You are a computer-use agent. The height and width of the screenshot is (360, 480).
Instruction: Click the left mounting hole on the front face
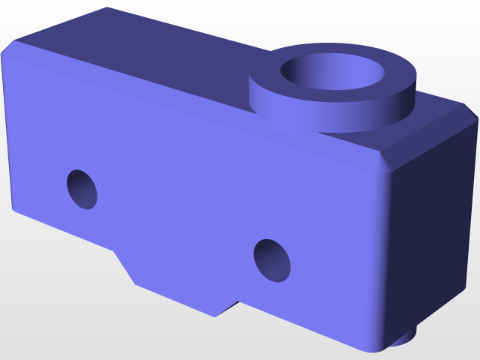tap(82, 189)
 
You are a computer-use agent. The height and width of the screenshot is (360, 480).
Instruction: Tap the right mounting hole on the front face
tap(272, 260)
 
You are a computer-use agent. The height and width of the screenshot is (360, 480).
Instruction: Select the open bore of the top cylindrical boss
tap(333, 75)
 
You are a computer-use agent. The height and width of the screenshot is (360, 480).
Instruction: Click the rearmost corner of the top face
tap(107, 8)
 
